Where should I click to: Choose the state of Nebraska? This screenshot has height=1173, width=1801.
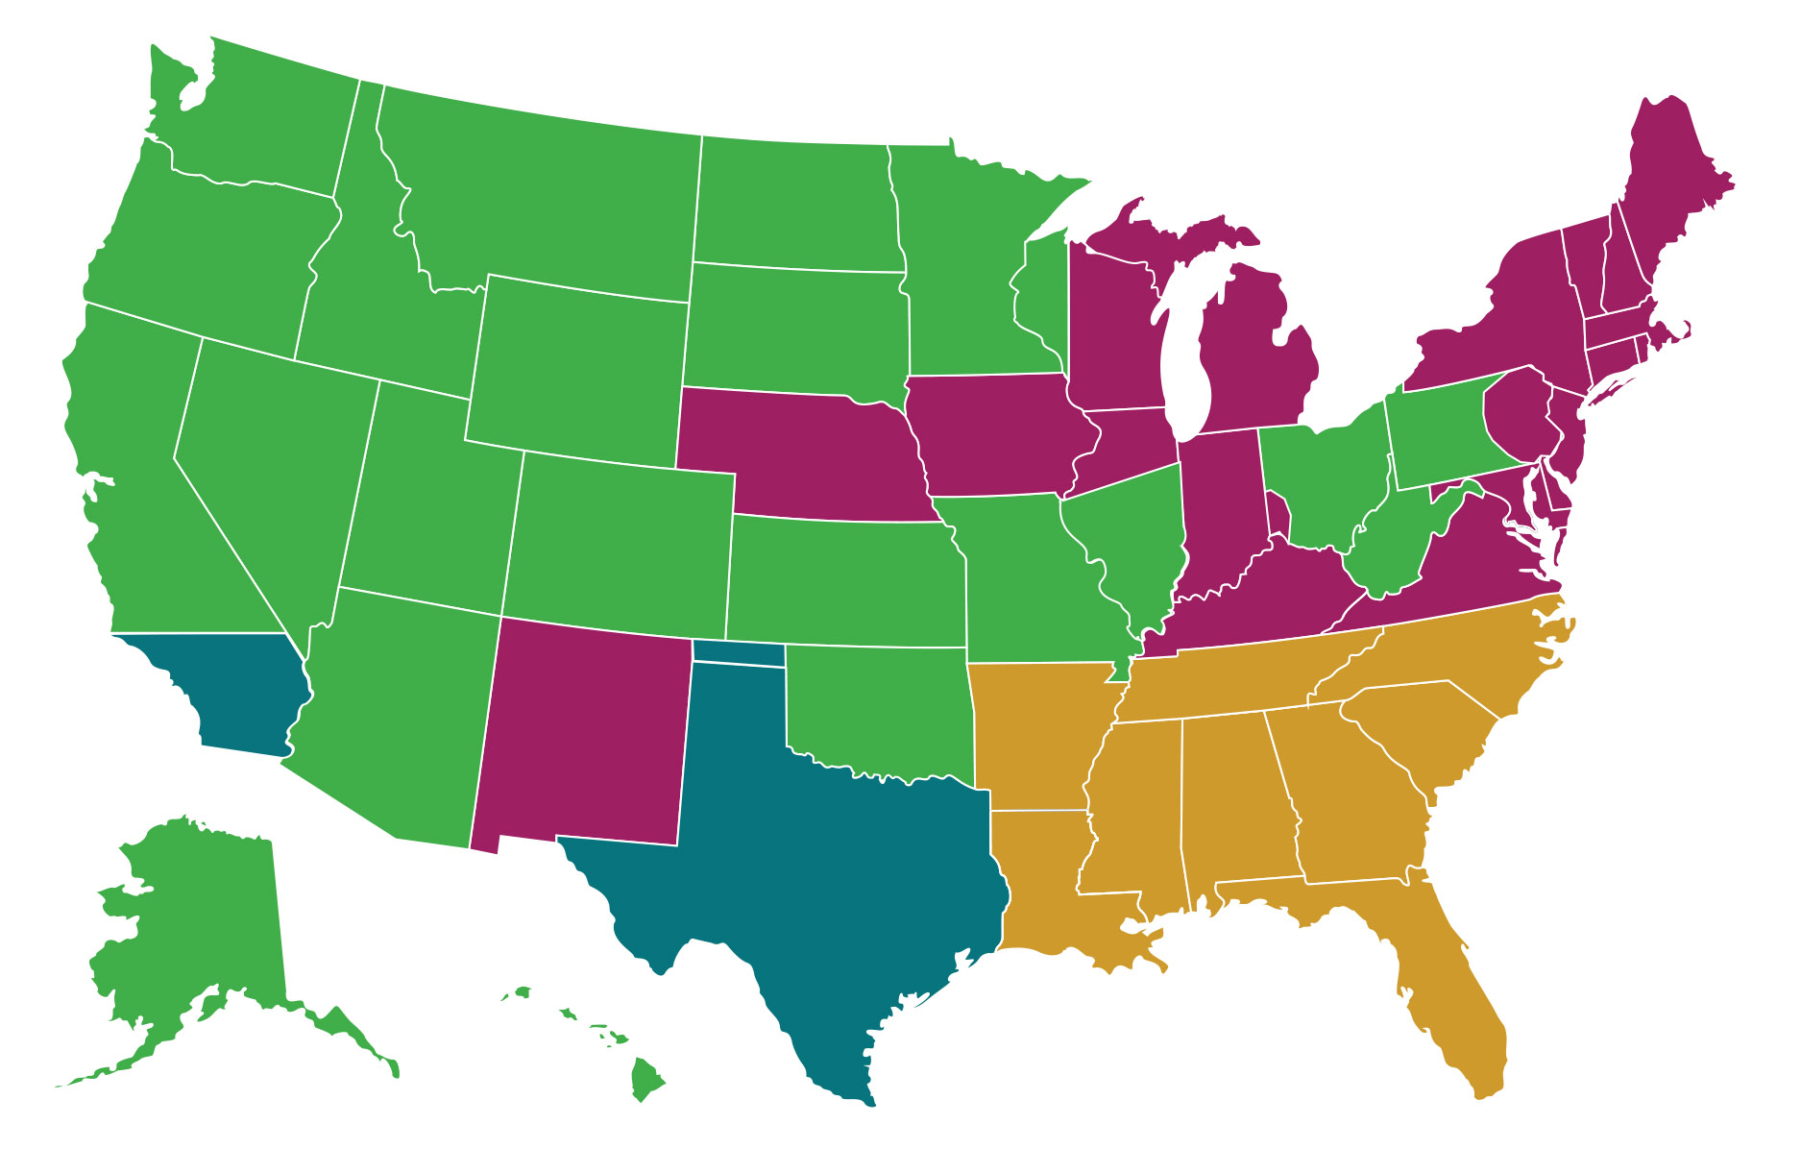point(807,452)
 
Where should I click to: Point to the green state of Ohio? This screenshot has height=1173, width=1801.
point(1321,480)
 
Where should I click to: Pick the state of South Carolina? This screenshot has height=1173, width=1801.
point(1422,730)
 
